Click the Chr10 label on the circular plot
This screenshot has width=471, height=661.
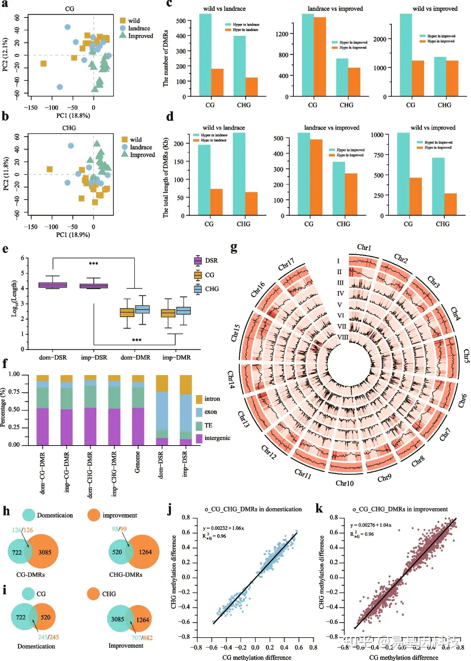tap(345, 483)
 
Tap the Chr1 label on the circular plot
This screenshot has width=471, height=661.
tap(364, 247)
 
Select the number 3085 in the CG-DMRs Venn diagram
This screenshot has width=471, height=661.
tap(45, 552)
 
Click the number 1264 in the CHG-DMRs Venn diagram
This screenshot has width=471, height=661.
tap(145, 552)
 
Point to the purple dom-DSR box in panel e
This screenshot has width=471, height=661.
tap(53, 285)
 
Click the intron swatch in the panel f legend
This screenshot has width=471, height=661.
tap(199, 399)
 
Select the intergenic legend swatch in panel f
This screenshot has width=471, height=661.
tap(199, 438)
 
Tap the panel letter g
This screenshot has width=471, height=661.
tap(234, 248)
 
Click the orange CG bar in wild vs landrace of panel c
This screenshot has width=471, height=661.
tap(217, 83)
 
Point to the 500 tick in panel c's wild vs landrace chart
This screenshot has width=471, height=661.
tap(181, 21)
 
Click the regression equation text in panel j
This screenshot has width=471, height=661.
tap(223, 528)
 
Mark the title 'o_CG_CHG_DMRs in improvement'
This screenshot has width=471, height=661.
tap(400, 509)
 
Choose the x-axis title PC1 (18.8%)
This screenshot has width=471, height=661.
tap(73, 115)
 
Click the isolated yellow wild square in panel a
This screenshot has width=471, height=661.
tap(43, 63)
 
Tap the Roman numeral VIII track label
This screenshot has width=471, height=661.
tap(343, 337)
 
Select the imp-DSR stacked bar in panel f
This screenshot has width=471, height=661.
tap(186, 410)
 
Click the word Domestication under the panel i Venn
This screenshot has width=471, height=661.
tap(36, 646)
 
